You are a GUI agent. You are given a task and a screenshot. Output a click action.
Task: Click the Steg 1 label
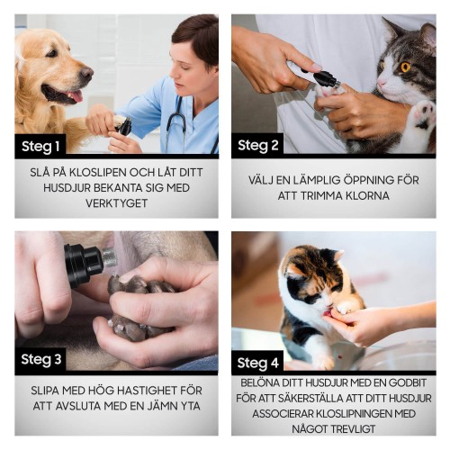pyautogui.click(x=42, y=145)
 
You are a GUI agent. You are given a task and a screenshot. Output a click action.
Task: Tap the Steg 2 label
pyautogui.click(x=260, y=145)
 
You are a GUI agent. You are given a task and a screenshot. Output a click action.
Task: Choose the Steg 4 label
pyautogui.click(x=260, y=363)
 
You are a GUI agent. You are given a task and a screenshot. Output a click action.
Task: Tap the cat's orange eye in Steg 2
pyautogui.click(x=406, y=67)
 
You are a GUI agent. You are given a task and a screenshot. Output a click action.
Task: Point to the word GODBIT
pyautogui.click(x=400, y=382)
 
